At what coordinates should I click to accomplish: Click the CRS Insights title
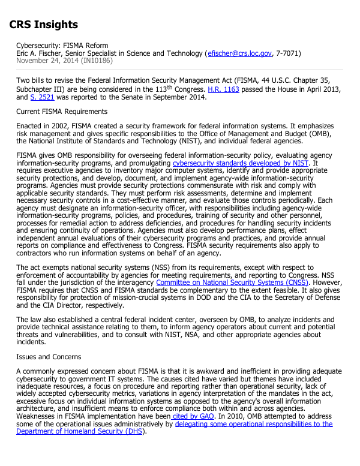pyautogui.click(x=43, y=25)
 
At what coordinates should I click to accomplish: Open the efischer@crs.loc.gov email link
pyautogui.click(x=239, y=53)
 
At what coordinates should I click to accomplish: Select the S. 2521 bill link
pyautogui.click(x=41, y=97)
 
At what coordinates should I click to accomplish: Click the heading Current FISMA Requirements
pyautogui.click(x=62, y=112)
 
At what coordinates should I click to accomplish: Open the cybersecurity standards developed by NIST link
pyautogui.click(x=241, y=163)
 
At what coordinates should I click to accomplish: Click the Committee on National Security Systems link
pyautogui.click(x=232, y=282)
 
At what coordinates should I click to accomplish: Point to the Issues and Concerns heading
pyautogui.click(x=49, y=356)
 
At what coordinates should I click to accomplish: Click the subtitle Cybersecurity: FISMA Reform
pyautogui.click(x=62, y=46)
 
